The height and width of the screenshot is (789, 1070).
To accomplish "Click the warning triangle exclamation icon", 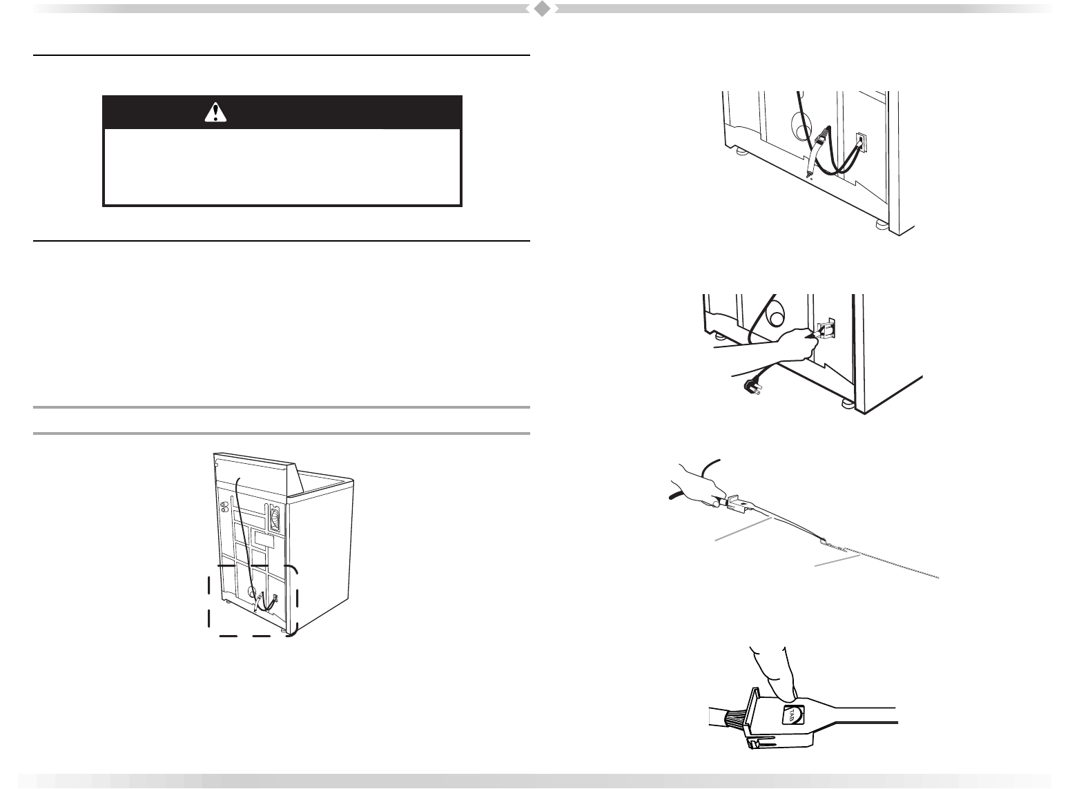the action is pos(216,112).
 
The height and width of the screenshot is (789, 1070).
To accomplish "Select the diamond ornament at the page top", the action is pos(543,9).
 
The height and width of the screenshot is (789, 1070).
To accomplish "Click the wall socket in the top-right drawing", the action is pos(862,143).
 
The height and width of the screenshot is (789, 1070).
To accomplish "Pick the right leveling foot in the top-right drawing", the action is pos(881,224).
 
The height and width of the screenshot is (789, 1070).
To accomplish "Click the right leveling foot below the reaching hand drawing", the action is pos(845,404).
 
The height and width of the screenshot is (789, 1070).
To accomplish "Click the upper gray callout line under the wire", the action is pos(742,532).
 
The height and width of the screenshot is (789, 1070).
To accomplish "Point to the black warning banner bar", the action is pos(282,112).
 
